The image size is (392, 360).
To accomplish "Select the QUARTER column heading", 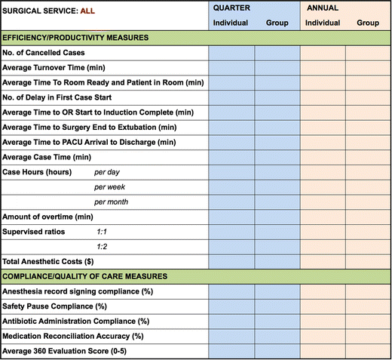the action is pos(232,8).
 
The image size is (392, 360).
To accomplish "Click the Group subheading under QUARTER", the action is pos(277,23).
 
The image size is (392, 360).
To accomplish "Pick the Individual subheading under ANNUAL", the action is pos(323,23).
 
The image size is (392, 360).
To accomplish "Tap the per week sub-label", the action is pos(110,186).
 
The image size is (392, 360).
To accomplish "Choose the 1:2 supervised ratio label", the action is pos(103,246).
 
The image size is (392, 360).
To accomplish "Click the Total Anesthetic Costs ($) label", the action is pos(54,261).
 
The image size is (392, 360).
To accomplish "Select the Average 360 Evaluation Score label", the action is pos(73,350).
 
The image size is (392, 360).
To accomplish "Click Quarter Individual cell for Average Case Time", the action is pos(232,157).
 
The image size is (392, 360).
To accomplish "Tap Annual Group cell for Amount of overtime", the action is pos(368,217).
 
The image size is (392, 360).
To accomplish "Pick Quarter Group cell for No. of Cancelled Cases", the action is pos(277,53).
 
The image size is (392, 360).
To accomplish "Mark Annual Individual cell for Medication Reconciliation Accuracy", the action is pos(323,335).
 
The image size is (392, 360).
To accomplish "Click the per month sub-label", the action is pos(112,202).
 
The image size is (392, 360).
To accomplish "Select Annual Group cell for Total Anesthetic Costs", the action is pos(368,261).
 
